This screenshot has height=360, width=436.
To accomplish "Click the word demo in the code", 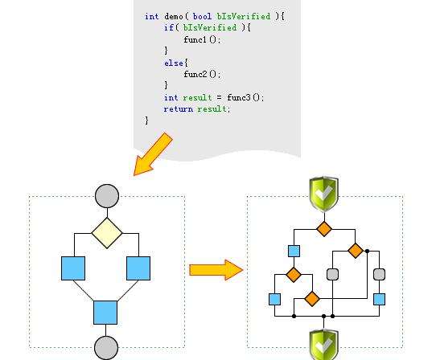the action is tap(174, 16).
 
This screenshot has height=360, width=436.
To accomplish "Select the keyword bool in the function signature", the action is tap(202, 16).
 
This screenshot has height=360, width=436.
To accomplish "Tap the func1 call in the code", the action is tap(195, 39).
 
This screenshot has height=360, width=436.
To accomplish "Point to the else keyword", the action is tap(174, 63).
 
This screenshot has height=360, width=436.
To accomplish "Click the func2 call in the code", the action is tap(195, 74).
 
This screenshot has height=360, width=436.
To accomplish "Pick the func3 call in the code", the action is tap(239, 97).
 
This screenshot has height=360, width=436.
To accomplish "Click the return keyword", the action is tap(179, 109).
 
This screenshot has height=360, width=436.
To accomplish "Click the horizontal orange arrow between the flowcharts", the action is tap(216, 270).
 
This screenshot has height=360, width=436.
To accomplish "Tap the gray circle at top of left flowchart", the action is tap(107, 196).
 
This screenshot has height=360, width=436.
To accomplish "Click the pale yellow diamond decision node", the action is tap(107, 233).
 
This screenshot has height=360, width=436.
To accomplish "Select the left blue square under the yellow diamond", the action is tap(73, 268).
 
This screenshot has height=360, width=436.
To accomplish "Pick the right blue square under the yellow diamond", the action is tap(138, 268).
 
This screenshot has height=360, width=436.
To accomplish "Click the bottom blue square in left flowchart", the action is tap(105, 313).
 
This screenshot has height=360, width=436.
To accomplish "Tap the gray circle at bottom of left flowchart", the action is tap(106, 348).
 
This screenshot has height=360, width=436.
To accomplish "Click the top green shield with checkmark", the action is tap(324, 194).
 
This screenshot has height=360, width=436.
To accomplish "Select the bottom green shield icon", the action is tap(324, 345).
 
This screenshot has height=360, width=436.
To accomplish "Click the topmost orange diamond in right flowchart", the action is tap(324, 229).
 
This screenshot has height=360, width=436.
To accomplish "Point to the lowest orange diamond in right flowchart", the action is tap(312, 299).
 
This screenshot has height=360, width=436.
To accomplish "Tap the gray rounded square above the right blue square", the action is tap(379, 274).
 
